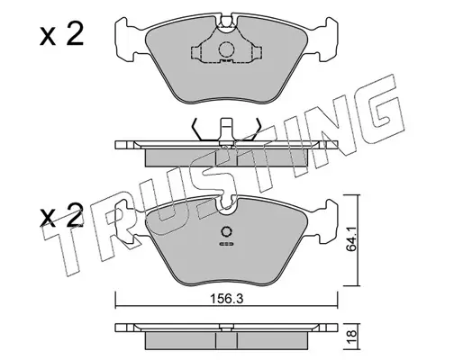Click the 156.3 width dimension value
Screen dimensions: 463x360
(x=226, y=299)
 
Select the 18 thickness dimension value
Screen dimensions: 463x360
(x=351, y=334)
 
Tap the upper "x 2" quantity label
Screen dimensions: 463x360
(x=61, y=35)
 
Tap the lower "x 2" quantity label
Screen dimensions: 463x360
(x=61, y=215)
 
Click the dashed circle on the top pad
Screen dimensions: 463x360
(x=226, y=49)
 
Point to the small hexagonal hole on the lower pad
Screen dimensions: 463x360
(x=226, y=231)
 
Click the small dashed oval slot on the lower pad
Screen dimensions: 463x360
(x=226, y=244)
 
